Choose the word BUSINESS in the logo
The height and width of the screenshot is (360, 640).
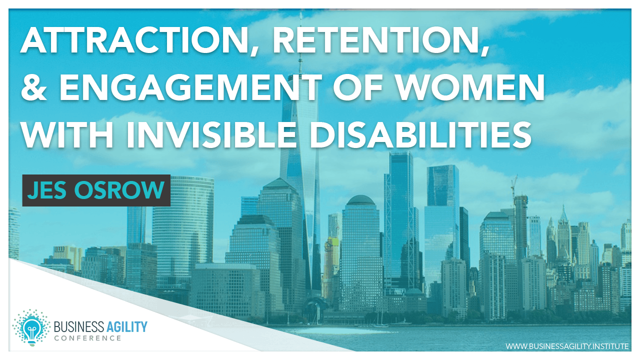point(75,327)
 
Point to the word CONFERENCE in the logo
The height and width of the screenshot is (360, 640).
point(87,338)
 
